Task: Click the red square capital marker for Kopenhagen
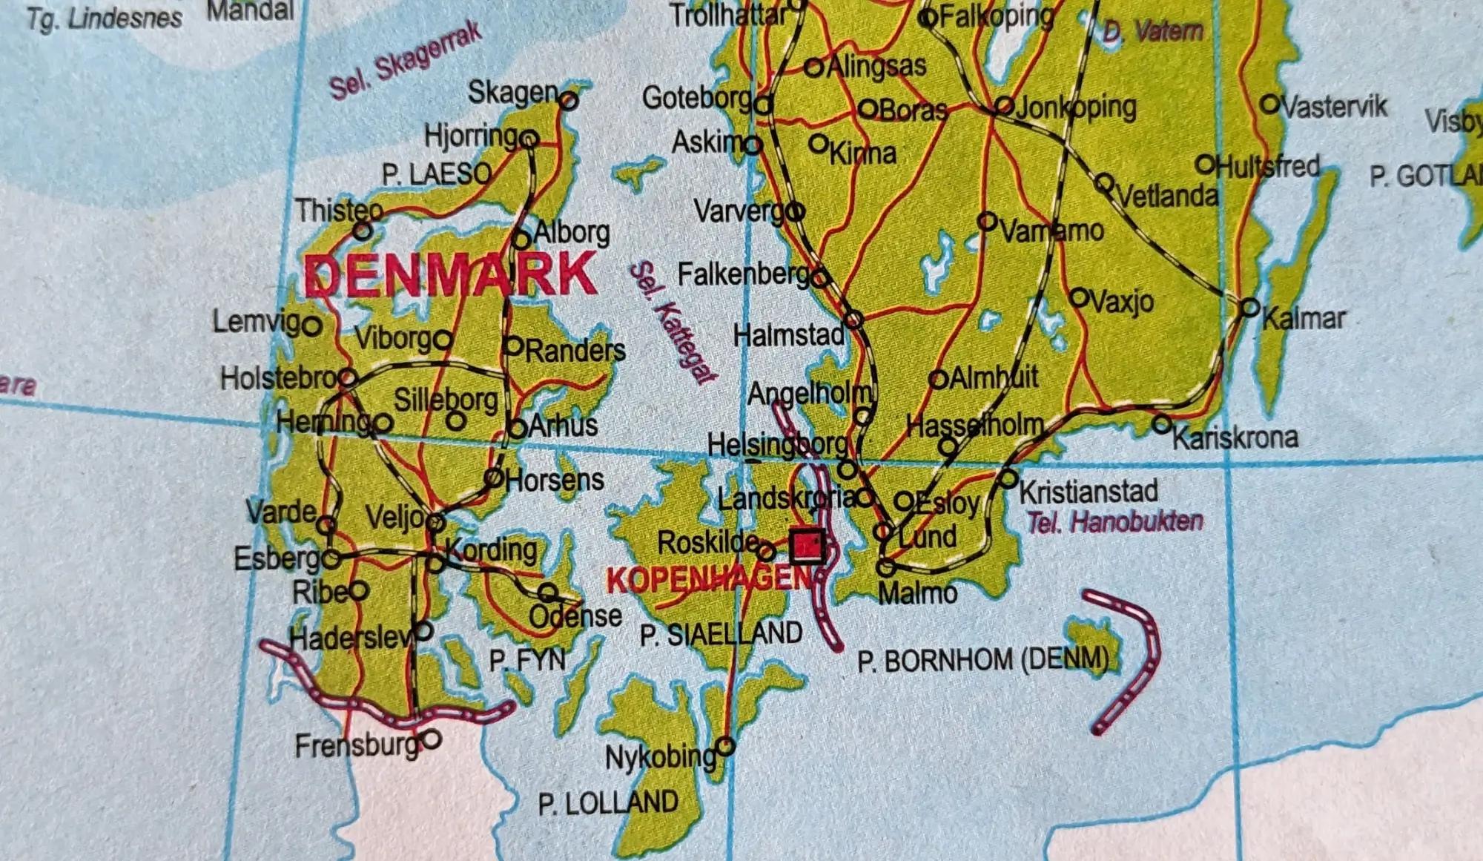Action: pyautogui.click(x=807, y=547)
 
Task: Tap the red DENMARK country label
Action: pyautogui.click(x=450, y=275)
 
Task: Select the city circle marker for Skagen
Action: pyautogui.click(x=569, y=100)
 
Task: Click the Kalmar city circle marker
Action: pyautogui.click(x=1250, y=307)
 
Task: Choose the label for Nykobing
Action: pyautogui.click(x=660, y=757)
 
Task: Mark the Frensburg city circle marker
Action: pyautogui.click(x=432, y=739)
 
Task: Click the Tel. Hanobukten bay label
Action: pyautogui.click(x=1114, y=522)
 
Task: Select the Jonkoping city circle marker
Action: pyautogui.click(x=1004, y=105)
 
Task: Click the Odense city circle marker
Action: pyautogui.click(x=547, y=592)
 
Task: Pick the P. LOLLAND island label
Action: pyautogui.click(x=608, y=803)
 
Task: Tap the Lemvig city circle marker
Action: pyautogui.click(x=312, y=326)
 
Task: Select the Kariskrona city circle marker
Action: pyautogui.click(x=1162, y=424)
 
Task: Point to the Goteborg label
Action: pyautogui.click(x=697, y=98)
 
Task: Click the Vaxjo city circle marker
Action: pyautogui.click(x=1080, y=298)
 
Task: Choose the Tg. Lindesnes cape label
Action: pyautogui.click(x=104, y=18)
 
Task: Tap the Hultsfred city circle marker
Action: pyautogui.click(x=1205, y=164)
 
